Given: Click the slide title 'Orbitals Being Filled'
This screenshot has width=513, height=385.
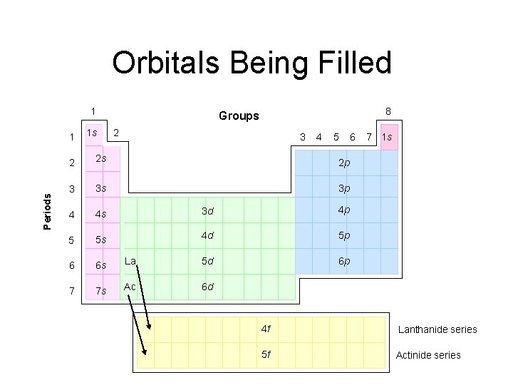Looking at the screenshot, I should coord(252,63).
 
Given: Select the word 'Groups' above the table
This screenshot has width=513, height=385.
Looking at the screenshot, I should coord(239,115).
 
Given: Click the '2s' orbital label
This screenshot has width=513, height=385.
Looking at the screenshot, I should coord(101,158).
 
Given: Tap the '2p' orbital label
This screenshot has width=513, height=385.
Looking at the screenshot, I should coord(343,163).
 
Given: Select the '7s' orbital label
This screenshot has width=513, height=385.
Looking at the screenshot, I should coord(101,292).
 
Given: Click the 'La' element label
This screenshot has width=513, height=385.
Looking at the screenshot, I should coord(130,261).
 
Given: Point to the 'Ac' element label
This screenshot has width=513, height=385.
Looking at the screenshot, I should coord(130,287).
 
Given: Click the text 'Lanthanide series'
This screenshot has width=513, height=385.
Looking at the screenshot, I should coord(437,329).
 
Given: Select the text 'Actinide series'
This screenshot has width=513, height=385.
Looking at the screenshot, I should coord(428,355).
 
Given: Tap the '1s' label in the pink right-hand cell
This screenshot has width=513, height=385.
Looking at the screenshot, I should coord(388,137).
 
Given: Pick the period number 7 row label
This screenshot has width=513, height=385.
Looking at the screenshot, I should coord(69,291).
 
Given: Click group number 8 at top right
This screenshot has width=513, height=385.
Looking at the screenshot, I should coord(388,111).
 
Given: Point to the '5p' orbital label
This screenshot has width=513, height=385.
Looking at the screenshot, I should coord(343,235).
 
